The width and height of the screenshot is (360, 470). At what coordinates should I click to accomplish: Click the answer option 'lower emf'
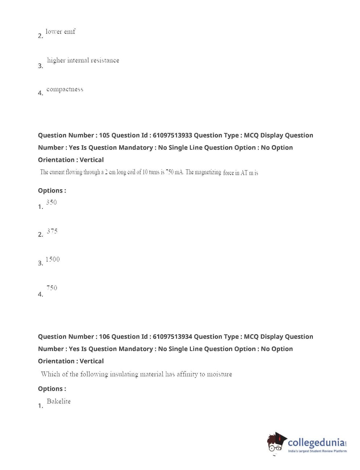coord(60,32)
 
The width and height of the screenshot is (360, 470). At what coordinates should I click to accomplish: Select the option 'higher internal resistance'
coord(83,60)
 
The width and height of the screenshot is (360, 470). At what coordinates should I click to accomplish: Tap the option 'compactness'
coord(65,89)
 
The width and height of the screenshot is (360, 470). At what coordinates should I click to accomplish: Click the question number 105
coord(104,135)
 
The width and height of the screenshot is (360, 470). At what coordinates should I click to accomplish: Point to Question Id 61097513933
coord(172,135)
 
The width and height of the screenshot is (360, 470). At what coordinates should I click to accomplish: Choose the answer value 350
coord(51,202)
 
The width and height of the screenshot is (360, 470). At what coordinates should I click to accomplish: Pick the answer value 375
coord(52,231)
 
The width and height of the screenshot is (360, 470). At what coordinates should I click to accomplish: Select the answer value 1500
coord(53,259)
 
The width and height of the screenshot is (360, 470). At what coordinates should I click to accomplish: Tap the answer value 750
coord(51,288)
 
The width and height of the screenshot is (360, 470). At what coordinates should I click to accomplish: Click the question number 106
coord(104,337)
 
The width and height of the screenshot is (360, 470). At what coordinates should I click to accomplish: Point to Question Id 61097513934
coord(172,337)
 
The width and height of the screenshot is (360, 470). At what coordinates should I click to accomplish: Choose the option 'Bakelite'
coord(58,401)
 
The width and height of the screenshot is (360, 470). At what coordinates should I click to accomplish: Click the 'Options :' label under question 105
coord(52,190)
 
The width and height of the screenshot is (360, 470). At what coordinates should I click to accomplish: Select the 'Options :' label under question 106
coord(52,389)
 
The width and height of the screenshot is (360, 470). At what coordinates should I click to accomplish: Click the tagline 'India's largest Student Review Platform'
coord(317,451)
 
